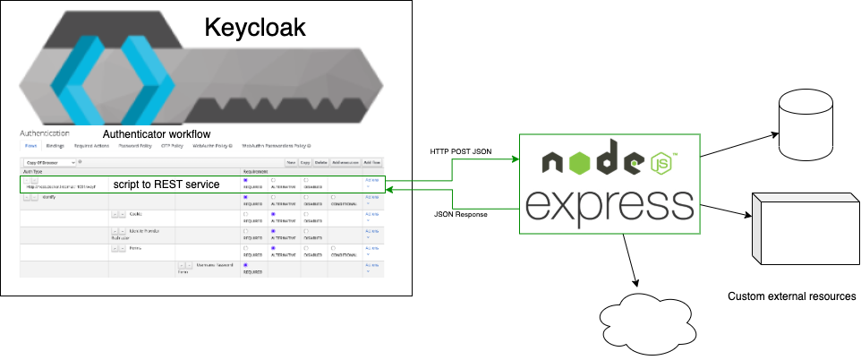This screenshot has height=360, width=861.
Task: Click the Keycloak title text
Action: (x=255, y=27)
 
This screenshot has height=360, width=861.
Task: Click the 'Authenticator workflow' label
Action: (x=157, y=133)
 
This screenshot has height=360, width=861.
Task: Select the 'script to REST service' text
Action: (x=166, y=184)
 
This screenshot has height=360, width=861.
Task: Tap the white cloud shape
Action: (x=645, y=324)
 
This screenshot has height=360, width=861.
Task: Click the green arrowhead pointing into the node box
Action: (x=516, y=160)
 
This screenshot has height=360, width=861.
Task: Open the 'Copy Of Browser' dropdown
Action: (x=50, y=162)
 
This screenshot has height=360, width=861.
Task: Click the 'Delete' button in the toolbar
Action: (x=320, y=162)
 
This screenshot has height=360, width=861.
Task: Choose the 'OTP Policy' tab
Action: (x=172, y=144)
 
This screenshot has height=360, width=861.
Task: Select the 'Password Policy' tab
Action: (x=135, y=144)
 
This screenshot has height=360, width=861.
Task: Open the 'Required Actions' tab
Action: (x=91, y=144)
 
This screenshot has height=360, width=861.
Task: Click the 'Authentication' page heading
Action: (x=45, y=133)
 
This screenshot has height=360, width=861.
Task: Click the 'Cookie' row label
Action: (x=136, y=214)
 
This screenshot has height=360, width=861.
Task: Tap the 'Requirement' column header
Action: (x=257, y=169)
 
